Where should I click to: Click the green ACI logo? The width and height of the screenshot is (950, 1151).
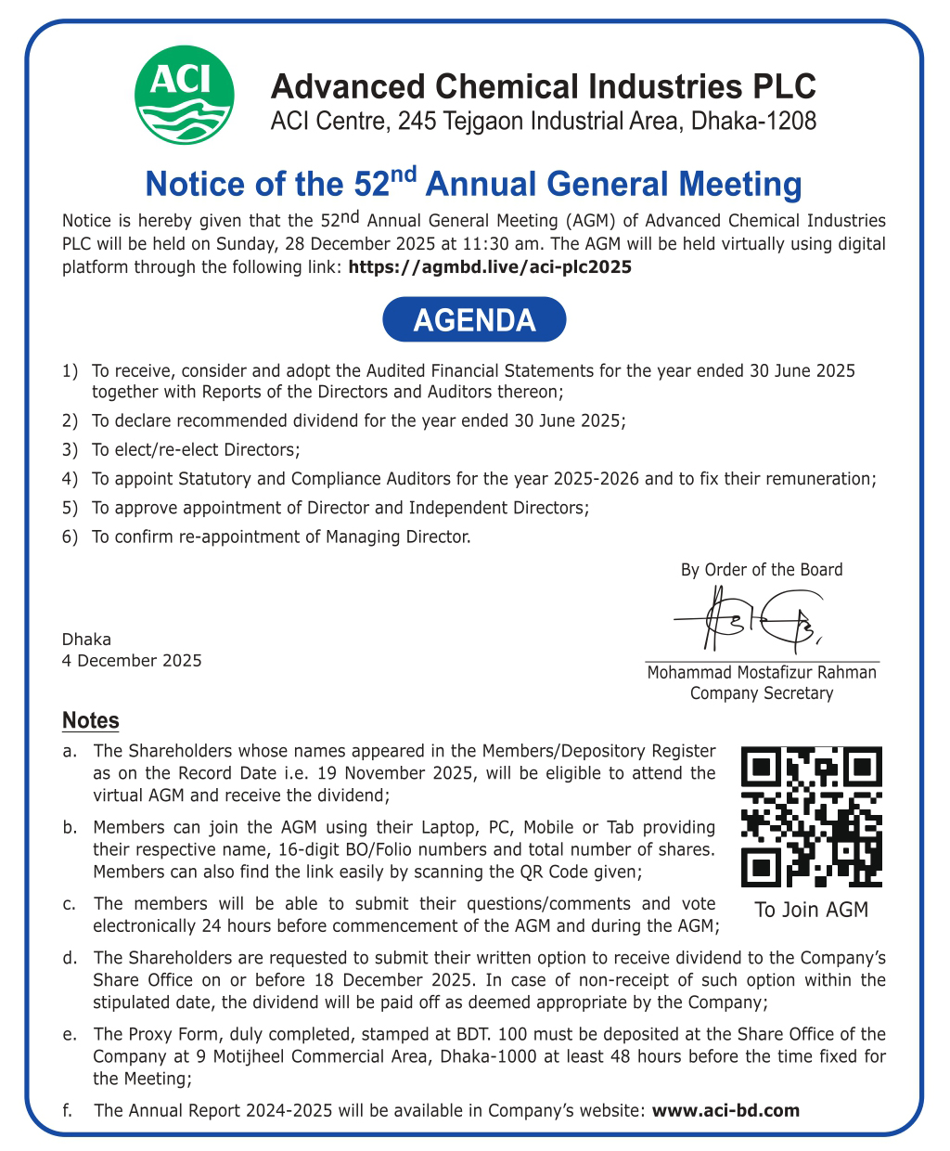click(185, 96)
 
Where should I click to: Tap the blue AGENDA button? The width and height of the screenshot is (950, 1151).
click(474, 319)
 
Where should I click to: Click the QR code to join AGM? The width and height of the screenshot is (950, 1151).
click(811, 817)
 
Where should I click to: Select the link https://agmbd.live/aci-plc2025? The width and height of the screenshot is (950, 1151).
click(489, 267)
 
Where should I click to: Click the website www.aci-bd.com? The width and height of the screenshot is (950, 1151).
click(725, 1110)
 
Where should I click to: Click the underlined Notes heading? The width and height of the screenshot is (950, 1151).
click(91, 720)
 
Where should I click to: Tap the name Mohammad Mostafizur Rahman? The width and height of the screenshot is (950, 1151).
click(762, 672)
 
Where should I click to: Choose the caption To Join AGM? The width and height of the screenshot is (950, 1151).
click(811, 910)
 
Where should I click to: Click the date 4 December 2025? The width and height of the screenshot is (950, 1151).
click(131, 661)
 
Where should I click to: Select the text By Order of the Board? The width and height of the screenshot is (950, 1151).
click(762, 570)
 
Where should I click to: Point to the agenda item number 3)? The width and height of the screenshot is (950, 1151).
click(70, 450)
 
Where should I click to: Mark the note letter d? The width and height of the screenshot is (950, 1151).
click(70, 958)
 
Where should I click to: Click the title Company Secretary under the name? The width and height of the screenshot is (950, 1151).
click(762, 693)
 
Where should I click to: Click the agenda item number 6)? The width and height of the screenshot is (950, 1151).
click(70, 537)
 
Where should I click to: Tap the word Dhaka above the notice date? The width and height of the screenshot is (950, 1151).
click(86, 640)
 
